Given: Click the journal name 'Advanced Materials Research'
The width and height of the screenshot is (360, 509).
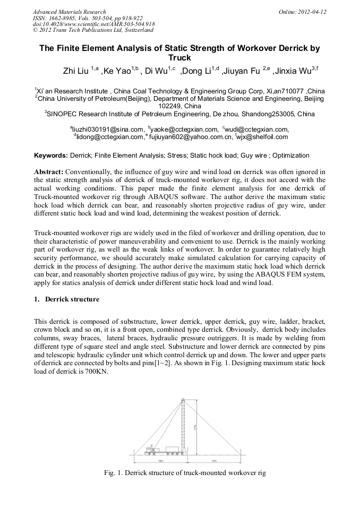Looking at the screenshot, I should click(x=69, y=12).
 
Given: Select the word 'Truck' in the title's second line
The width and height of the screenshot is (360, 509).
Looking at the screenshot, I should click(x=179, y=58).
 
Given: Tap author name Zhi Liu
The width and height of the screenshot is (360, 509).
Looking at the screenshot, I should click(x=75, y=71).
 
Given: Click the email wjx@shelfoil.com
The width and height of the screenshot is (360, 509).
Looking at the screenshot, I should click(x=262, y=136).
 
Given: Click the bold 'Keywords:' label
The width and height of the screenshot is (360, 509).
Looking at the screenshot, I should click(x=50, y=156).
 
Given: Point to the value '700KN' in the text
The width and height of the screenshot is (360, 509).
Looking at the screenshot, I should click(x=97, y=372).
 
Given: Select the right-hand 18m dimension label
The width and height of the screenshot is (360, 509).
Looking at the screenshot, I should click(x=214, y=461).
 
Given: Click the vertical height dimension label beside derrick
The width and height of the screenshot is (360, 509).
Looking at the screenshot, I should click(x=195, y=425).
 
